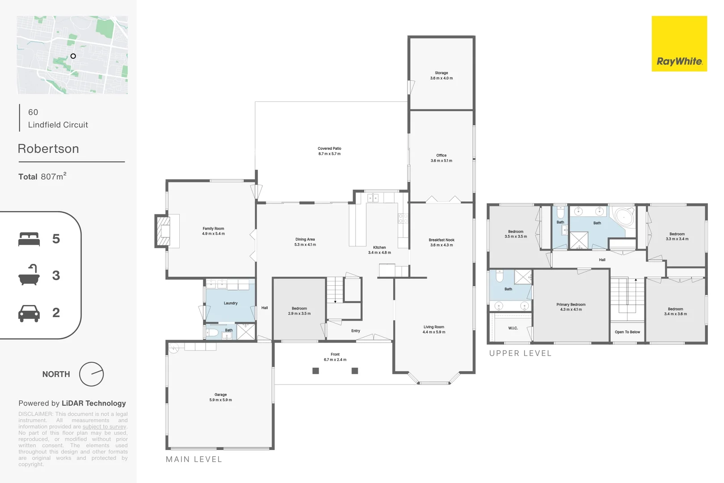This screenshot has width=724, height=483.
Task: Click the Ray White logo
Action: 679,44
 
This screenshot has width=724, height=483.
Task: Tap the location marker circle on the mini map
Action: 73,56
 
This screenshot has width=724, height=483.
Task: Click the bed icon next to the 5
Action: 29,239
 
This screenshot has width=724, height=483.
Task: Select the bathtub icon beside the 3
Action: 29,275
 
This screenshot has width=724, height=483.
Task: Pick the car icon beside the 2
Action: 29,313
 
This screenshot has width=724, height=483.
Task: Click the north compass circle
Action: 91,374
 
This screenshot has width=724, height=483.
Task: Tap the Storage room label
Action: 441,73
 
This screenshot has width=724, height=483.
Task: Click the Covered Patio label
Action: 329,148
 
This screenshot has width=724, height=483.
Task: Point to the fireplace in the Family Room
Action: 164,231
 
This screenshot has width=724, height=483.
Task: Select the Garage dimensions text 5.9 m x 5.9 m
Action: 220,400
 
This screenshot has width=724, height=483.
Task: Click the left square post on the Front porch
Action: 316,371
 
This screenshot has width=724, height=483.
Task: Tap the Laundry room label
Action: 231,303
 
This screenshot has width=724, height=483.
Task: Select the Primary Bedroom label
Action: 571,305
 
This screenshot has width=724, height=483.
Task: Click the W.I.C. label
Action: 513,328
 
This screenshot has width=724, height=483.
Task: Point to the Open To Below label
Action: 627,332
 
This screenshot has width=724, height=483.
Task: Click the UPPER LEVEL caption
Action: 520,353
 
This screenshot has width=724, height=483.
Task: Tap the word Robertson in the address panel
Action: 48,149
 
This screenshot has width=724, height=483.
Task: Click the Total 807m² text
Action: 42,177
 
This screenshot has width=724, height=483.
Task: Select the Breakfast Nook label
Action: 441,240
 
